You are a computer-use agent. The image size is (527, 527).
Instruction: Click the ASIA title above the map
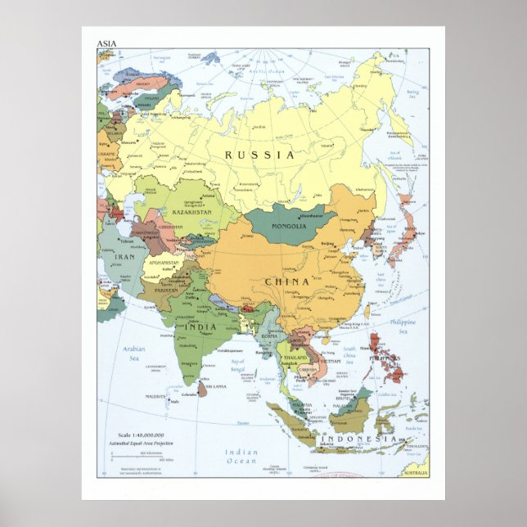tap(106, 43)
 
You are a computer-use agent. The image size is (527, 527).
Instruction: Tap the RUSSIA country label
tap(260, 154)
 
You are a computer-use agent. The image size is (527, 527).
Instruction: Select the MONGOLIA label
tap(288, 226)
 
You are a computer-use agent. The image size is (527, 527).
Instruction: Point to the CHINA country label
tap(286, 282)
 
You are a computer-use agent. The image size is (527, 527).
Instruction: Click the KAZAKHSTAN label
tap(193, 212)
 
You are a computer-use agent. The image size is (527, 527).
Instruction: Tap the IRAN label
tap(124, 257)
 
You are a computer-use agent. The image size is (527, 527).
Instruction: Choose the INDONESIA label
tap(358, 439)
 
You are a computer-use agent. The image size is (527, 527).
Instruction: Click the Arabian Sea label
tap(134, 353)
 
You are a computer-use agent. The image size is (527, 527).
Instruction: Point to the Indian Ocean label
tap(241, 456)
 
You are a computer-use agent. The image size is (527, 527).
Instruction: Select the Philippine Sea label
tap(402, 327)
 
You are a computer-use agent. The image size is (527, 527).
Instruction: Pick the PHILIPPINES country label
tap(385, 358)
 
